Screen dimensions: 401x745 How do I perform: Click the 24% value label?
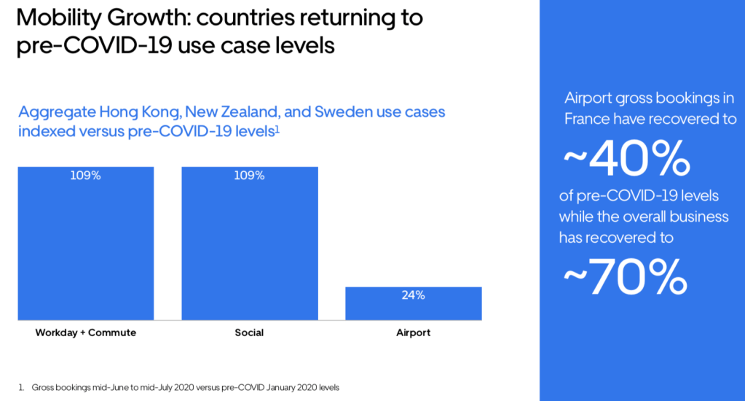413,295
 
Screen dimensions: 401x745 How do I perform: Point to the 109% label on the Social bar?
250,176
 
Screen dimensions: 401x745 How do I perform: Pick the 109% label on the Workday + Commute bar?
86,176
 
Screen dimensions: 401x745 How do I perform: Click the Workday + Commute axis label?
86,333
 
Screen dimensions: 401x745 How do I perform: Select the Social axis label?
249,333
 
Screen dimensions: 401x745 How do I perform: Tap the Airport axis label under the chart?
413,333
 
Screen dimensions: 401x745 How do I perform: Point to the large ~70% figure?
626,276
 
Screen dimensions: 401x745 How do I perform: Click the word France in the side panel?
591,118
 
